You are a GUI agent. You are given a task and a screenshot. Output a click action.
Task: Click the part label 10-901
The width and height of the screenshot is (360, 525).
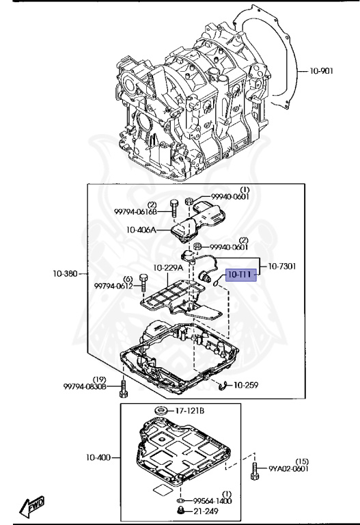click(321, 71)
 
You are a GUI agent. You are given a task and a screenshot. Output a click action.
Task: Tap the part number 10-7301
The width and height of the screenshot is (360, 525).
click(282, 267)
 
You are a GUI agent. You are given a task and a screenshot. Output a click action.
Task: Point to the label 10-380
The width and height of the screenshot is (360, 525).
click(66, 273)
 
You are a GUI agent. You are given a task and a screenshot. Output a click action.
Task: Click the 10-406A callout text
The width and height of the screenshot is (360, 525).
click(141, 230)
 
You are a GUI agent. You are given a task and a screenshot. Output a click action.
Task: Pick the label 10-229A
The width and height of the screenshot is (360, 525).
click(168, 268)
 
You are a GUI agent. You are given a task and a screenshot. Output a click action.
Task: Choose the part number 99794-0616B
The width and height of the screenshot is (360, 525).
click(135, 212)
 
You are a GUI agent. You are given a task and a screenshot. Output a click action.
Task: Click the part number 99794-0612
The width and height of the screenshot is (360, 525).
click(113, 286)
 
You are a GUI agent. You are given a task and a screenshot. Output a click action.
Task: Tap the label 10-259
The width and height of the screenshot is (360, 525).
click(246, 385)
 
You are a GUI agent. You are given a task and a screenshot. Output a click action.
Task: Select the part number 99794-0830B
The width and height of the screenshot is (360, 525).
click(85, 387)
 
